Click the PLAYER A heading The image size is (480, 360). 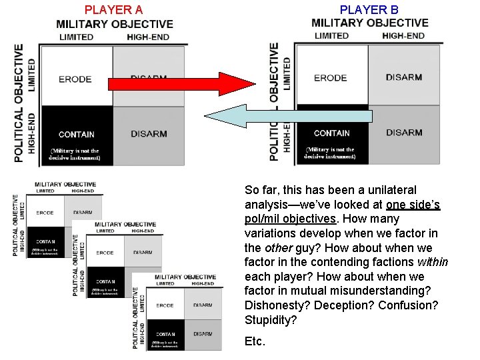click(113, 9)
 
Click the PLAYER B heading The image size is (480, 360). click(369, 9)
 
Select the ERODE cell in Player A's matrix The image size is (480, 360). click(75, 79)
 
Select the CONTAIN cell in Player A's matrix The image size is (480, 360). click(76, 134)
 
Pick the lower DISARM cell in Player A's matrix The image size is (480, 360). click(149, 134)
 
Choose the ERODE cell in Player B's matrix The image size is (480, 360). click(331, 77)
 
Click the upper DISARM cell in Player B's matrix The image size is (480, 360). click(403, 77)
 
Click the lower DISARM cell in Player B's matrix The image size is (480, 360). click(403, 133)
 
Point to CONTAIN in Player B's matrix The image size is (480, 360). click(331, 133)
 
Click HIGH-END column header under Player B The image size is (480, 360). click(403, 35)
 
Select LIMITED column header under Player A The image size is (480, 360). click(76, 37)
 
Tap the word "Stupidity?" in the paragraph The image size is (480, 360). click(271, 320)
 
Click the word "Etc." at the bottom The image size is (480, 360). click(255, 341)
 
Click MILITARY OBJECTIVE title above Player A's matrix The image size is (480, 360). click(115, 24)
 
